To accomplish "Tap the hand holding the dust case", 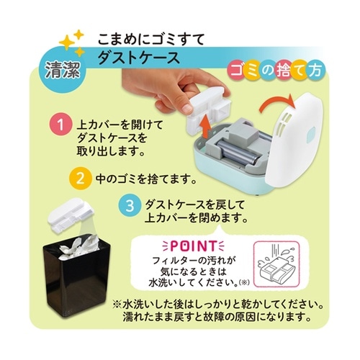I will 155,86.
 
